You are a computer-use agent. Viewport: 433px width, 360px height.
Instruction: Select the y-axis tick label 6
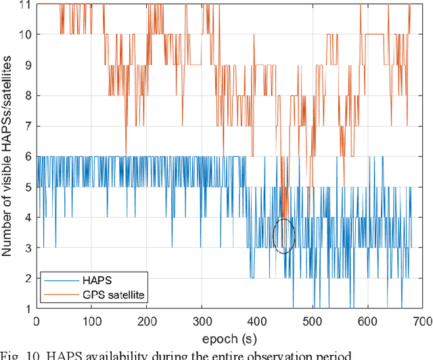pos(27,157)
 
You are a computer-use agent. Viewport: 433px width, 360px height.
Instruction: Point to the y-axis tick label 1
pos(27,309)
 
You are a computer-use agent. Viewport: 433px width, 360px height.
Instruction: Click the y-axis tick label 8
pos(27,96)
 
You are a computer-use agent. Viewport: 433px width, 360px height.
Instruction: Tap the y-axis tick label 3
pos(27,248)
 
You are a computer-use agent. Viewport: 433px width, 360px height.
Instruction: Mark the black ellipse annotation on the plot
pos(284,236)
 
